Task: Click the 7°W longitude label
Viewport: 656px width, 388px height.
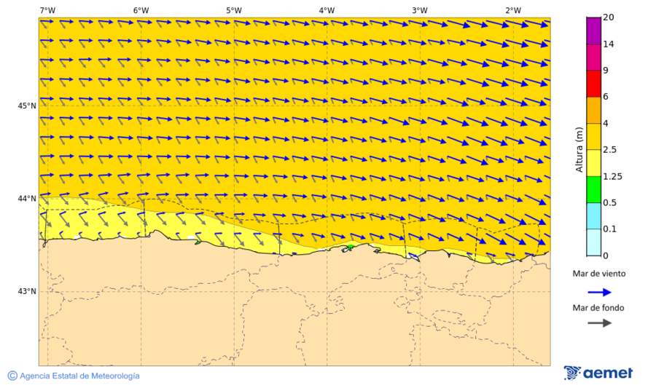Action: point(47,10)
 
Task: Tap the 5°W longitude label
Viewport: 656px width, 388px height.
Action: point(233,10)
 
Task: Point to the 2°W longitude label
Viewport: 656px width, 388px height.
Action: point(513,10)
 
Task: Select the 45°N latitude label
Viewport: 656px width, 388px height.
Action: point(27,106)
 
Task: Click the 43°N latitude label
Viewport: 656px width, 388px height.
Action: point(27,291)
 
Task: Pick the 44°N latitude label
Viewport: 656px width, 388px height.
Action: point(27,198)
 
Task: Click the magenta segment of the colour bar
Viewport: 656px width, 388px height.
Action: point(593,31)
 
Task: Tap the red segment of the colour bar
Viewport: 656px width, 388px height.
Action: point(593,84)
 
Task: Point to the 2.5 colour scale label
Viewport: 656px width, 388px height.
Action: point(611,149)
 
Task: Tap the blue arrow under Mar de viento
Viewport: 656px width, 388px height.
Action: point(598,292)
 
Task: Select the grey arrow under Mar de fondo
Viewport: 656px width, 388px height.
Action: point(598,322)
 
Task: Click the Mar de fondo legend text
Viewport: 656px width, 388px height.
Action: point(598,308)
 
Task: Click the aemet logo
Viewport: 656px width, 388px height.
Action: point(598,373)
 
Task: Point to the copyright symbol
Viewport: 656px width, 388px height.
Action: point(12,376)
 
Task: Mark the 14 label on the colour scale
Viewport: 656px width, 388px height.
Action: point(609,44)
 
